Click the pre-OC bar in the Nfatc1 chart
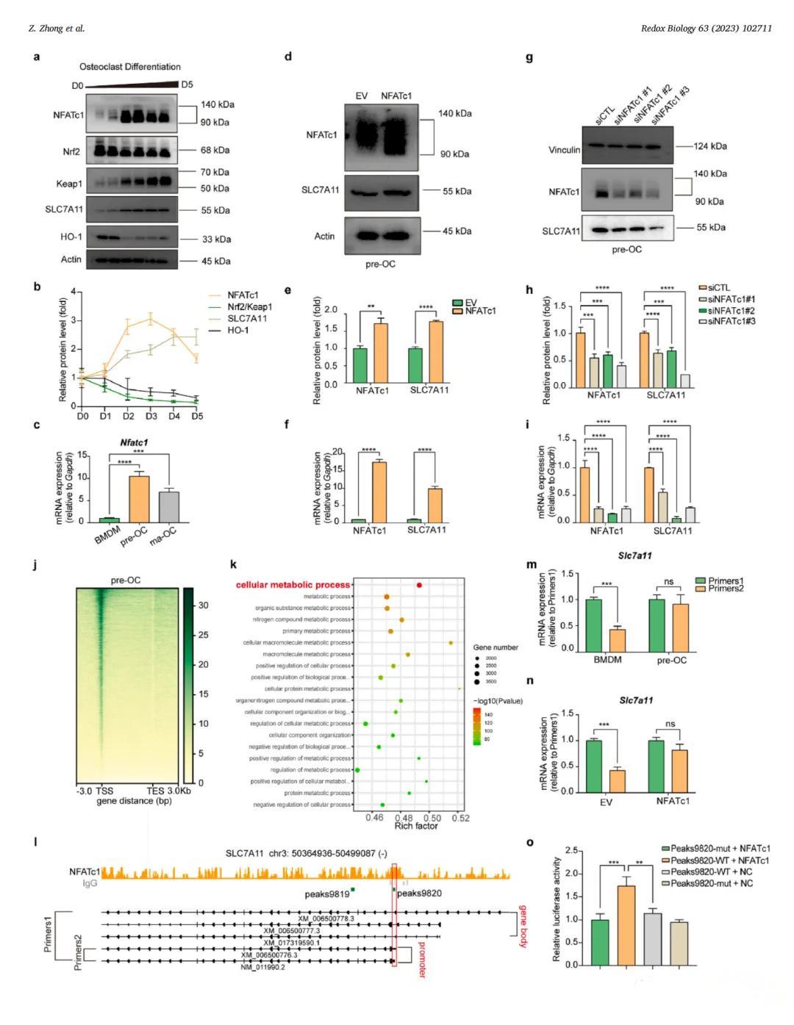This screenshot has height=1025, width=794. [x=139, y=500]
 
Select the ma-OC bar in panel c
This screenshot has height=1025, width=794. [x=169, y=507]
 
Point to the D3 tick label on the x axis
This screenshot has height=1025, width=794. [x=151, y=417]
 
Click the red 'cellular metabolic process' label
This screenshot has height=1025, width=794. [x=293, y=585]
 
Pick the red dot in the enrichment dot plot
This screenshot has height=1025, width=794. [x=419, y=585]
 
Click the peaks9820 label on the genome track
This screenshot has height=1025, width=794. [x=419, y=893]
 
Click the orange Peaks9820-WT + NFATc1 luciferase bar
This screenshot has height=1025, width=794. [x=626, y=924]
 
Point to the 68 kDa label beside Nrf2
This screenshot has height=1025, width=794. [x=215, y=150]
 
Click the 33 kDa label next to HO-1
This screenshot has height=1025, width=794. [x=216, y=239]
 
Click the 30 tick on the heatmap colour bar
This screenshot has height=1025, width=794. [x=203, y=605]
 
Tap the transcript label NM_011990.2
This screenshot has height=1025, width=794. [x=262, y=967]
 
